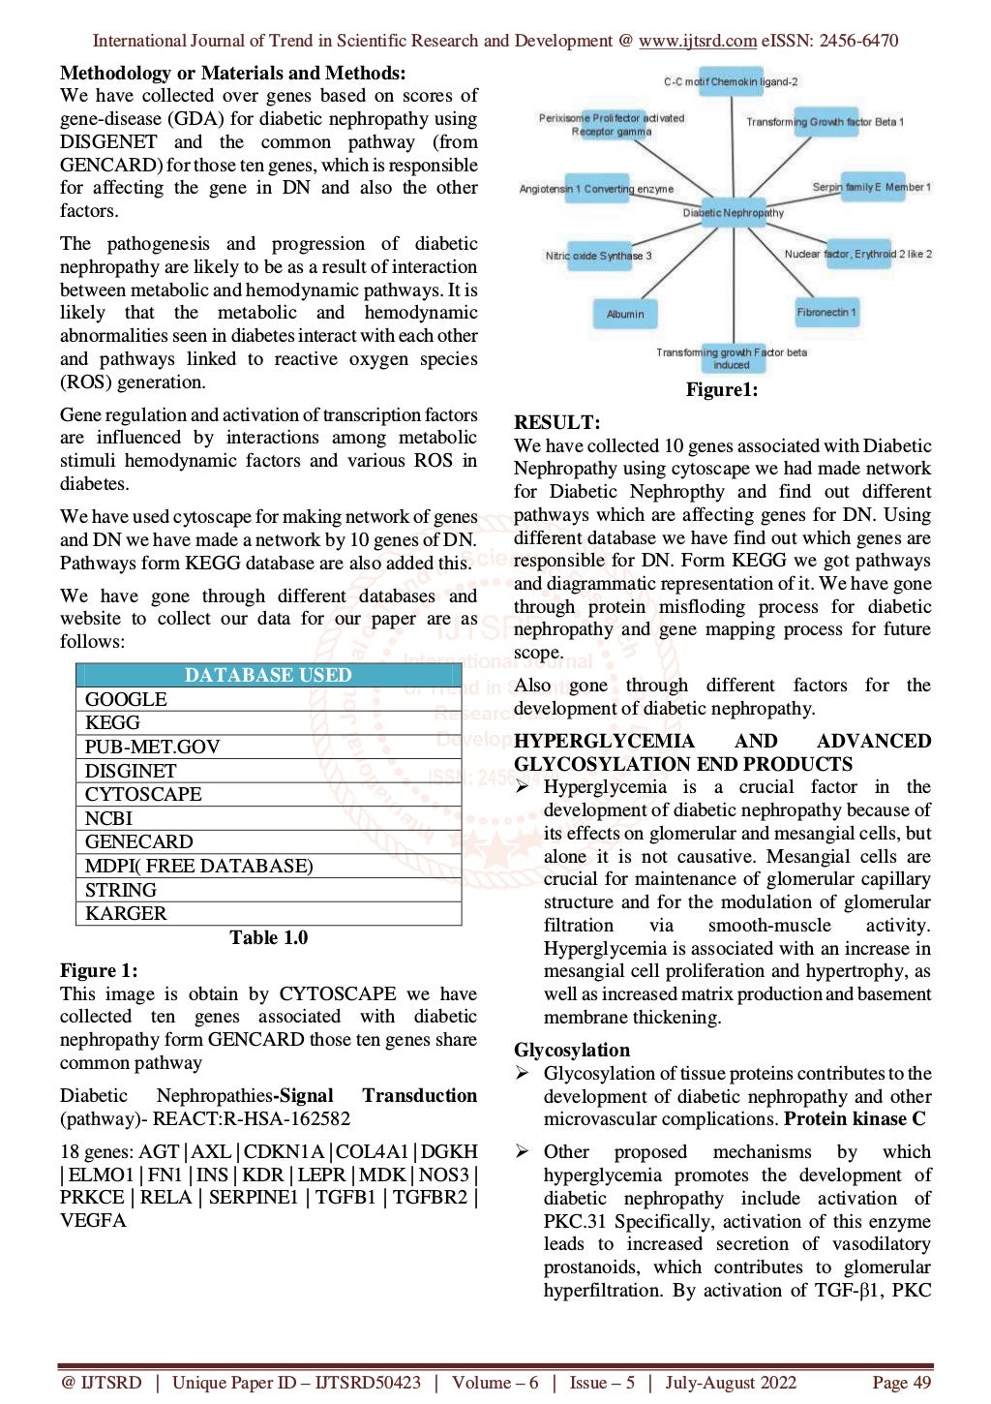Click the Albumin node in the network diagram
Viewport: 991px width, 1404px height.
[x=625, y=314]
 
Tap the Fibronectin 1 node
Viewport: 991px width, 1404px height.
[x=826, y=312]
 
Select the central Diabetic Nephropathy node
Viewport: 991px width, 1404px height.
[x=733, y=212]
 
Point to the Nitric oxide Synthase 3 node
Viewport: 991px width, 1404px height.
[x=598, y=256]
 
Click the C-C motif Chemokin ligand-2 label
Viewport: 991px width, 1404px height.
[x=731, y=82]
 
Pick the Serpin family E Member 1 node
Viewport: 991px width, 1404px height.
[x=871, y=187]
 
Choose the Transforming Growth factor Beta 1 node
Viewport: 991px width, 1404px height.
[x=825, y=122]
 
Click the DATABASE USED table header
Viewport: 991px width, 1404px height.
[x=268, y=675]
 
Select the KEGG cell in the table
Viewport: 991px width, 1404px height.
[x=112, y=722]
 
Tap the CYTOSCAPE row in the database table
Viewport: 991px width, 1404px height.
[x=143, y=794]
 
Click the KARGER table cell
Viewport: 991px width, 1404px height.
[x=126, y=913]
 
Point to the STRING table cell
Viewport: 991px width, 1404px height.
[x=120, y=890]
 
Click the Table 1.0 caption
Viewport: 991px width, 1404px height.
[x=268, y=937]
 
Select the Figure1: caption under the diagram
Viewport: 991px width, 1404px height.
[x=721, y=389]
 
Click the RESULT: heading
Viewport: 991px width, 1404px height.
[x=556, y=422]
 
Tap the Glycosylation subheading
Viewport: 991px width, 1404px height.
[x=571, y=1050]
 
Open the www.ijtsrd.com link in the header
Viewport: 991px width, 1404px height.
[x=697, y=41]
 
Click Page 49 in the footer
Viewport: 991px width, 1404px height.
[x=901, y=1382]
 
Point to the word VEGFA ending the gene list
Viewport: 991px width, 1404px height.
[x=93, y=1220]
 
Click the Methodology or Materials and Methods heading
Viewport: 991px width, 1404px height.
[x=232, y=73]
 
